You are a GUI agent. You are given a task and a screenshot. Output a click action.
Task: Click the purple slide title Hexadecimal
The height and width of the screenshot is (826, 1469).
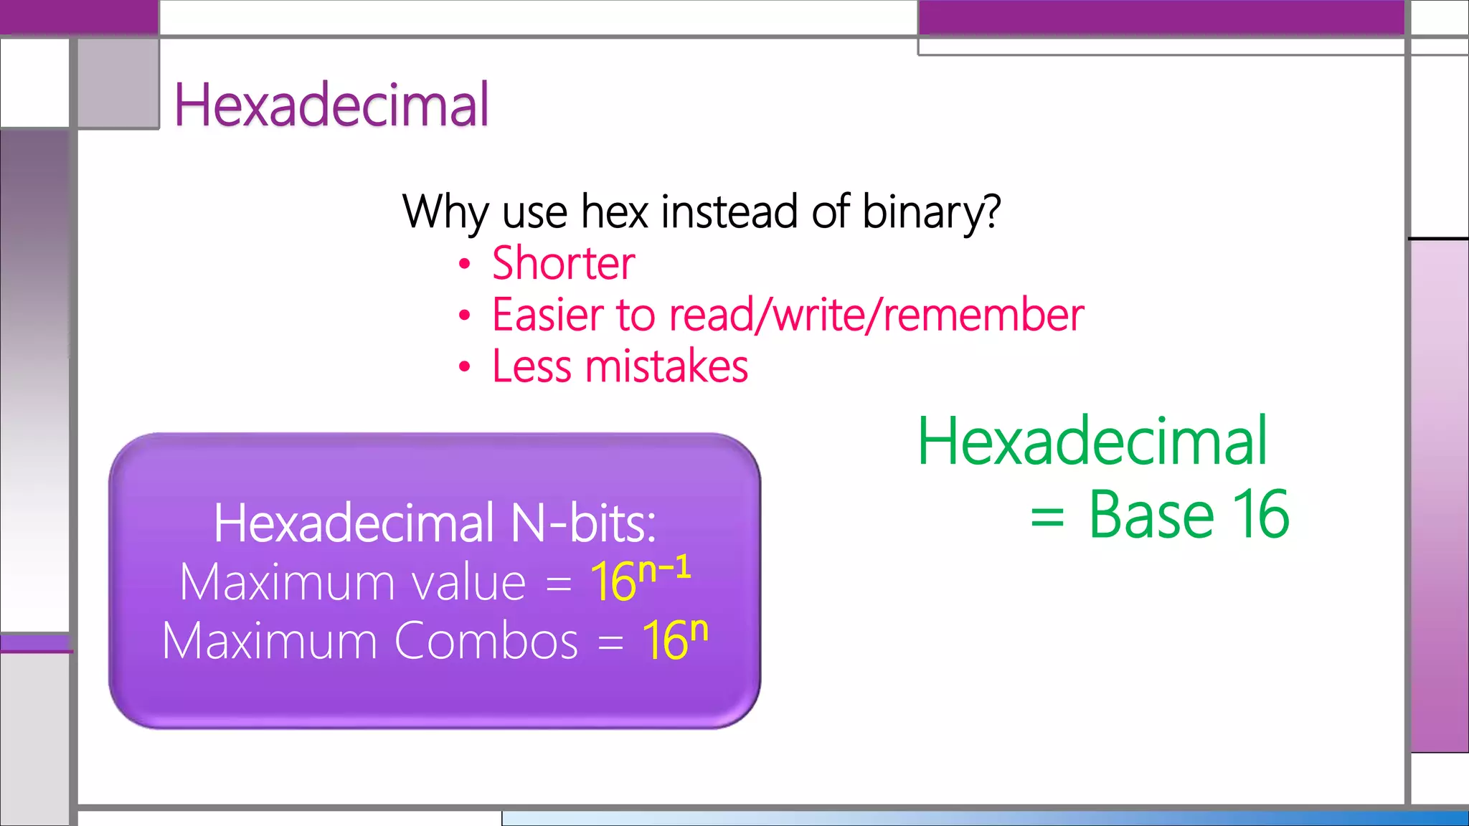pos(331,105)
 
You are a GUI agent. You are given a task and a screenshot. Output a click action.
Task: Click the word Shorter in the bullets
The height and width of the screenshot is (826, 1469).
pos(563,263)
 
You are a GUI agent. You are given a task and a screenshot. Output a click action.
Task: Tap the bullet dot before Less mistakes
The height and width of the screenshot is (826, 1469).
pos(465,367)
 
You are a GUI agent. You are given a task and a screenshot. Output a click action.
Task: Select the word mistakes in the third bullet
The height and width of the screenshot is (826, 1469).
pos(666,366)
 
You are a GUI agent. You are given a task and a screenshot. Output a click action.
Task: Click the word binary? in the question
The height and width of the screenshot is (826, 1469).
pos(931,212)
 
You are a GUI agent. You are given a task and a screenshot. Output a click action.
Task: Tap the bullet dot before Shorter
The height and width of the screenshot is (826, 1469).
pos(465,264)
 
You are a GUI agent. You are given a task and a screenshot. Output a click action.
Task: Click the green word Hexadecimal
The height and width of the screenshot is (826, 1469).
pos(1092,442)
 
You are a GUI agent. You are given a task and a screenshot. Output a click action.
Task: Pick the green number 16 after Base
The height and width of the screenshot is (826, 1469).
pos(1260,515)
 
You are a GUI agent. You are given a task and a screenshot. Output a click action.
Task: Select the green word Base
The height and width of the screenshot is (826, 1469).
pos(1151,515)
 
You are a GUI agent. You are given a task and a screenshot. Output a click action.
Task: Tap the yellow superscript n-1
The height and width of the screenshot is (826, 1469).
pos(664,569)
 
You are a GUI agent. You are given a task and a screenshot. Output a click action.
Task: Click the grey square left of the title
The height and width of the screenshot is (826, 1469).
pos(118,83)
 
